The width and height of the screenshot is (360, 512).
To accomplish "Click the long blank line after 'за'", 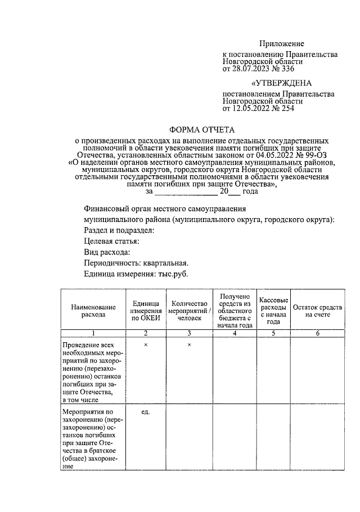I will click(182, 192).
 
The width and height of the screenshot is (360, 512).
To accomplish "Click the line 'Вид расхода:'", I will click(107, 252).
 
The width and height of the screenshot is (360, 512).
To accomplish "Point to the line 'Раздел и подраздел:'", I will click(119, 230).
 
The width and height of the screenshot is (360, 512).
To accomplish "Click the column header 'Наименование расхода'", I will click(93, 311).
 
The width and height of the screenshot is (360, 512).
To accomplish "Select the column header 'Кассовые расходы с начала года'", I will click(273, 311).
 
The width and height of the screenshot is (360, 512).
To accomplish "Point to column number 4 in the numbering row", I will click(233, 334).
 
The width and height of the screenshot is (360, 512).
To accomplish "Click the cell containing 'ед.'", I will click(145, 412).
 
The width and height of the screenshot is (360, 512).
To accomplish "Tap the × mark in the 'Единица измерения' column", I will click(145, 344).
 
